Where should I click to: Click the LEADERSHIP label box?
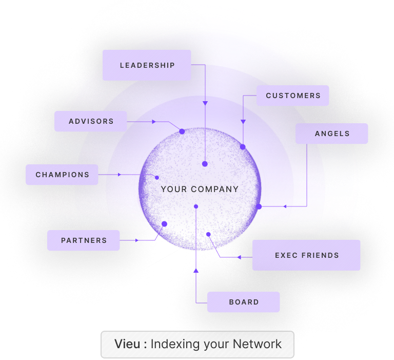(x=147, y=65)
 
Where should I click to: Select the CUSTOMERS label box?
(x=292, y=96)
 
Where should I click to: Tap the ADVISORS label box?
(x=91, y=121)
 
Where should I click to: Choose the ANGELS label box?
(x=332, y=134)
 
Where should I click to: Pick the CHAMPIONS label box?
(x=62, y=175)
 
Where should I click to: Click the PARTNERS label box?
(x=84, y=240)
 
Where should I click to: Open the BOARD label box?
(x=244, y=302)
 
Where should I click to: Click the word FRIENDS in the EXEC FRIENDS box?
(x=320, y=255)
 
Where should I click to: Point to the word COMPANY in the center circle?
(x=215, y=190)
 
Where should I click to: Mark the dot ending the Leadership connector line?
(x=205, y=164)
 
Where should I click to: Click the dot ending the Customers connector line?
(x=243, y=147)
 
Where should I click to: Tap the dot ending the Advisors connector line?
(x=182, y=131)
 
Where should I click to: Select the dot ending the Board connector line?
(x=196, y=206)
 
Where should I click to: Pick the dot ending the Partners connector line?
(x=164, y=224)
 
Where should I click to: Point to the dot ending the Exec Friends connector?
(x=208, y=234)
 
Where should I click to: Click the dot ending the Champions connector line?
(x=157, y=178)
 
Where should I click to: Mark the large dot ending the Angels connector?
(x=259, y=206)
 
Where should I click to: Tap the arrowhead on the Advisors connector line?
(x=153, y=122)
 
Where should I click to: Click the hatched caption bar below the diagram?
(x=198, y=345)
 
